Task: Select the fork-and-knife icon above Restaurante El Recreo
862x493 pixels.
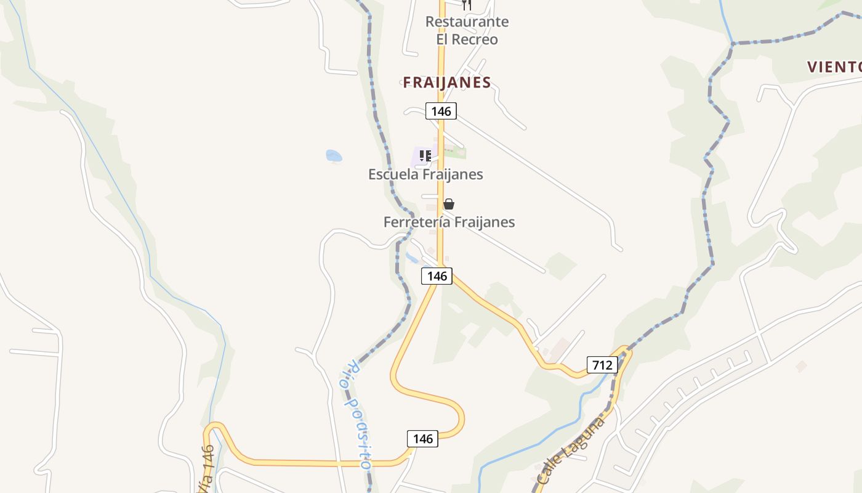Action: click(466, 4)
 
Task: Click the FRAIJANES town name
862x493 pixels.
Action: click(447, 83)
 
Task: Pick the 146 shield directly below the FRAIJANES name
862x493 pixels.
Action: click(441, 112)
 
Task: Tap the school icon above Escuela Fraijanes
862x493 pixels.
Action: click(425, 155)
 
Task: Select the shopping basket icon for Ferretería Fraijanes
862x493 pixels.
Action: click(449, 204)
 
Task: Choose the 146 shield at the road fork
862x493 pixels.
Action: click(437, 276)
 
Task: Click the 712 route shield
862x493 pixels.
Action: click(602, 365)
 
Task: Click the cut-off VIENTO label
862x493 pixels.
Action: click(834, 67)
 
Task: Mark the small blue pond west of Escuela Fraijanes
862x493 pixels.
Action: click(334, 156)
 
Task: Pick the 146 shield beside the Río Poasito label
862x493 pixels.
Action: click(423, 439)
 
